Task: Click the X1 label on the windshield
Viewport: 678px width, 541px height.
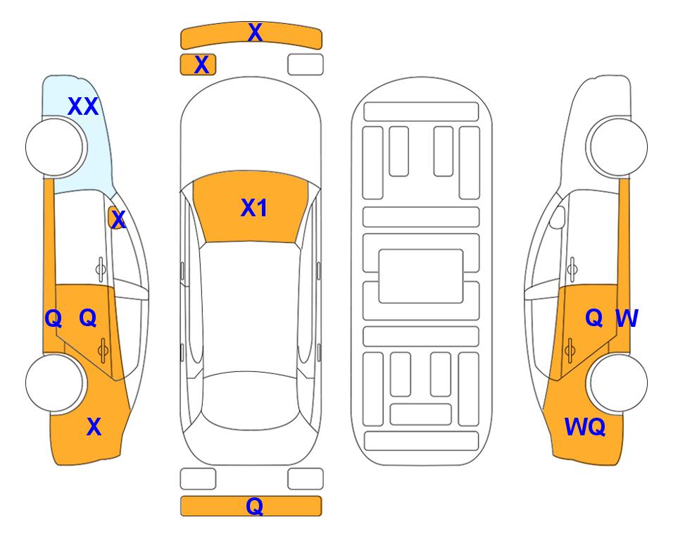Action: tap(254, 208)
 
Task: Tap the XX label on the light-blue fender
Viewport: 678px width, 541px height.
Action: tap(83, 106)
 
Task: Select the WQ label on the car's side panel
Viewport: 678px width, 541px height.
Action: tap(585, 427)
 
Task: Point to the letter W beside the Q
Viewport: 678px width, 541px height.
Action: tap(627, 318)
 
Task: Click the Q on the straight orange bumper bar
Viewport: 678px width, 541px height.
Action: tap(255, 506)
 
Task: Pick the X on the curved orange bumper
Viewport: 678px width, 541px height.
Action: tap(255, 32)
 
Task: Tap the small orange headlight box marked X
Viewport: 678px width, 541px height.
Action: tap(198, 65)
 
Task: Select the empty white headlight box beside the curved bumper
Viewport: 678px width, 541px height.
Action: tap(306, 65)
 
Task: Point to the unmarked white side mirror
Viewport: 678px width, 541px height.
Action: tap(558, 218)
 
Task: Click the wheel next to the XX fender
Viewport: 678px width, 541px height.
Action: tap(56, 147)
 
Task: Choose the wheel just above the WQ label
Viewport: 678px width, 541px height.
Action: tap(617, 383)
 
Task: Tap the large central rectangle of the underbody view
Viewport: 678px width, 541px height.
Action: tap(421, 276)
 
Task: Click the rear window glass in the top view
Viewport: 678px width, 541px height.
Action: tap(251, 400)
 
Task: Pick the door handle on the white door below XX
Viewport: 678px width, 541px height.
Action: tap(101, 269)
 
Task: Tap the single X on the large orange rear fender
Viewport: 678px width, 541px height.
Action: tap(94, 427)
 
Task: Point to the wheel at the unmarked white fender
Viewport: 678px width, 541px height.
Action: tap(617, 147)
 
